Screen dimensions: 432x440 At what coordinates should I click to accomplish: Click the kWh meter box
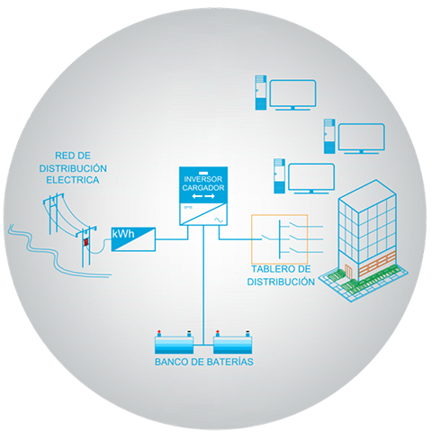pyautogui.click(x=133, y=239)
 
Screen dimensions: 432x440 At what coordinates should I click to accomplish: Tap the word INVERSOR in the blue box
pyautogui.click(x=203, y=179)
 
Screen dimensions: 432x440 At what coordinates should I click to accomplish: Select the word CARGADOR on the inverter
pyautogui.click(x=203, y=188)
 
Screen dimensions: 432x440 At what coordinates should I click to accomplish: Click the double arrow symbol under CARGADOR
pyautogui.click(x=203, y=196)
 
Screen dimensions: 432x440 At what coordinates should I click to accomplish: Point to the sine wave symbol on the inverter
pyautogui.click(x=219, y=220)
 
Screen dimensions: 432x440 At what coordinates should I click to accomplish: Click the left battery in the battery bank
pyautogui.click(x=174, y=343)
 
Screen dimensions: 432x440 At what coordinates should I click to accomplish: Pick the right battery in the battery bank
pyautogui.click(x=232, y=343)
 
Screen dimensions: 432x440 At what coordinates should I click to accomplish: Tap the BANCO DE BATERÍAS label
pyautogui.click(x=204, y=362)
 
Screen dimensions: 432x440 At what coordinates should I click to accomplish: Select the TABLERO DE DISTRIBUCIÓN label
pyautogui.click(x=281, y=275)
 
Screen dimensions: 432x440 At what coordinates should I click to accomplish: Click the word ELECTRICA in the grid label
pyautogui.click(x=73, y=180)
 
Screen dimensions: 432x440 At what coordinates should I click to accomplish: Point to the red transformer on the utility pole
pyautogui.click(x=86, y=242)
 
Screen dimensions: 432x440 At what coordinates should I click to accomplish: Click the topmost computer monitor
pyautogui.click(x=292, y=94)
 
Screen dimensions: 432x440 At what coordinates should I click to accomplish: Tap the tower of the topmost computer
pyautogui.click(x=261, y=93)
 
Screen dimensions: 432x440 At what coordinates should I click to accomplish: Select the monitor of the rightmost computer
pyautogui.click(x=362, y=139)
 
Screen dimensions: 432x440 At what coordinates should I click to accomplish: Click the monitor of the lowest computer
pyautogui.click(x=311, y=178)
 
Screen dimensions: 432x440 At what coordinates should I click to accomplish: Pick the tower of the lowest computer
pyautogui.click(x=279, y=176)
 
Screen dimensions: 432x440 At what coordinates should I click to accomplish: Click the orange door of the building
pyautogui.click(x=348, y=271)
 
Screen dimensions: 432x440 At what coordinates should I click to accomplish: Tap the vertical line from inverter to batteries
pyautogui.click(x=203, y=285)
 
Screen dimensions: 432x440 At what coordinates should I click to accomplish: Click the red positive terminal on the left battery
pyautogui.click(x=159, y=332)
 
